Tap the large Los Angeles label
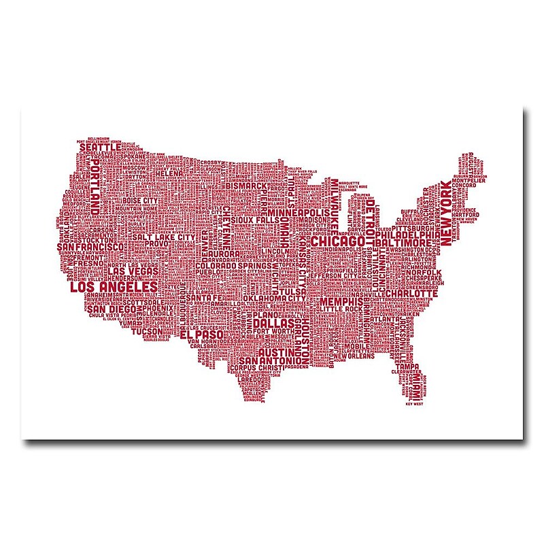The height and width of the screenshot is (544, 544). (x=114, y=288)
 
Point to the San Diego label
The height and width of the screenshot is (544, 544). (x=111, y=309)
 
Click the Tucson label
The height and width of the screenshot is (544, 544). (x=133, y=331)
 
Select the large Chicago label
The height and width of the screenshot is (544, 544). (x=339, y=243)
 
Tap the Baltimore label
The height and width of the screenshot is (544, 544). (x=403, y=243)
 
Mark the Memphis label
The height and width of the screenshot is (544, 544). (x=339, y=301)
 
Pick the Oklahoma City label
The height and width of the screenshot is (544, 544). (x=275, y=298)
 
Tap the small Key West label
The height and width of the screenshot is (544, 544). (x=414, y=405)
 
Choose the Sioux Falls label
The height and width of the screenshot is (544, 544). (x=254, y=221)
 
